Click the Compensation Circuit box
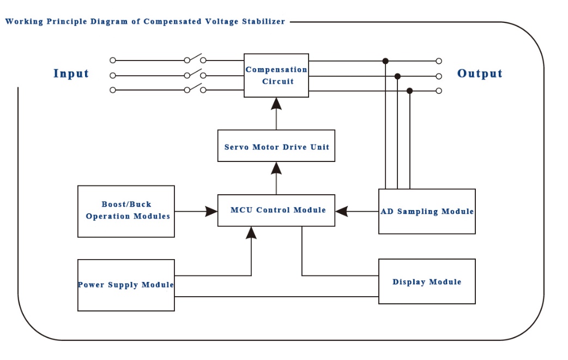[276, 75]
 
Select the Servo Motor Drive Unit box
[276, 146]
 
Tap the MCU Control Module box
[276, 210]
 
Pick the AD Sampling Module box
[427, 211]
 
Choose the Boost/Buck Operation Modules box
[126, 211]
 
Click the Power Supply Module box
[126, 285]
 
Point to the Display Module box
[427, 281]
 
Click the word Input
[71, 74]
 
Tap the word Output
[480, 74]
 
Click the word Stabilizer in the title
[264, 22]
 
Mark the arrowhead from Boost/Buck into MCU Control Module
[212, 211]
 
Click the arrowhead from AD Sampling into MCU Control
[342, 211]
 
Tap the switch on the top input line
[195, 58]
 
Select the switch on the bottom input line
[195, 88]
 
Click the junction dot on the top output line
[385, 61]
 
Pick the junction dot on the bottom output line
[410, 91]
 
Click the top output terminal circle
[439, 61]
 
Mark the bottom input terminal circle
[113, 90]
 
